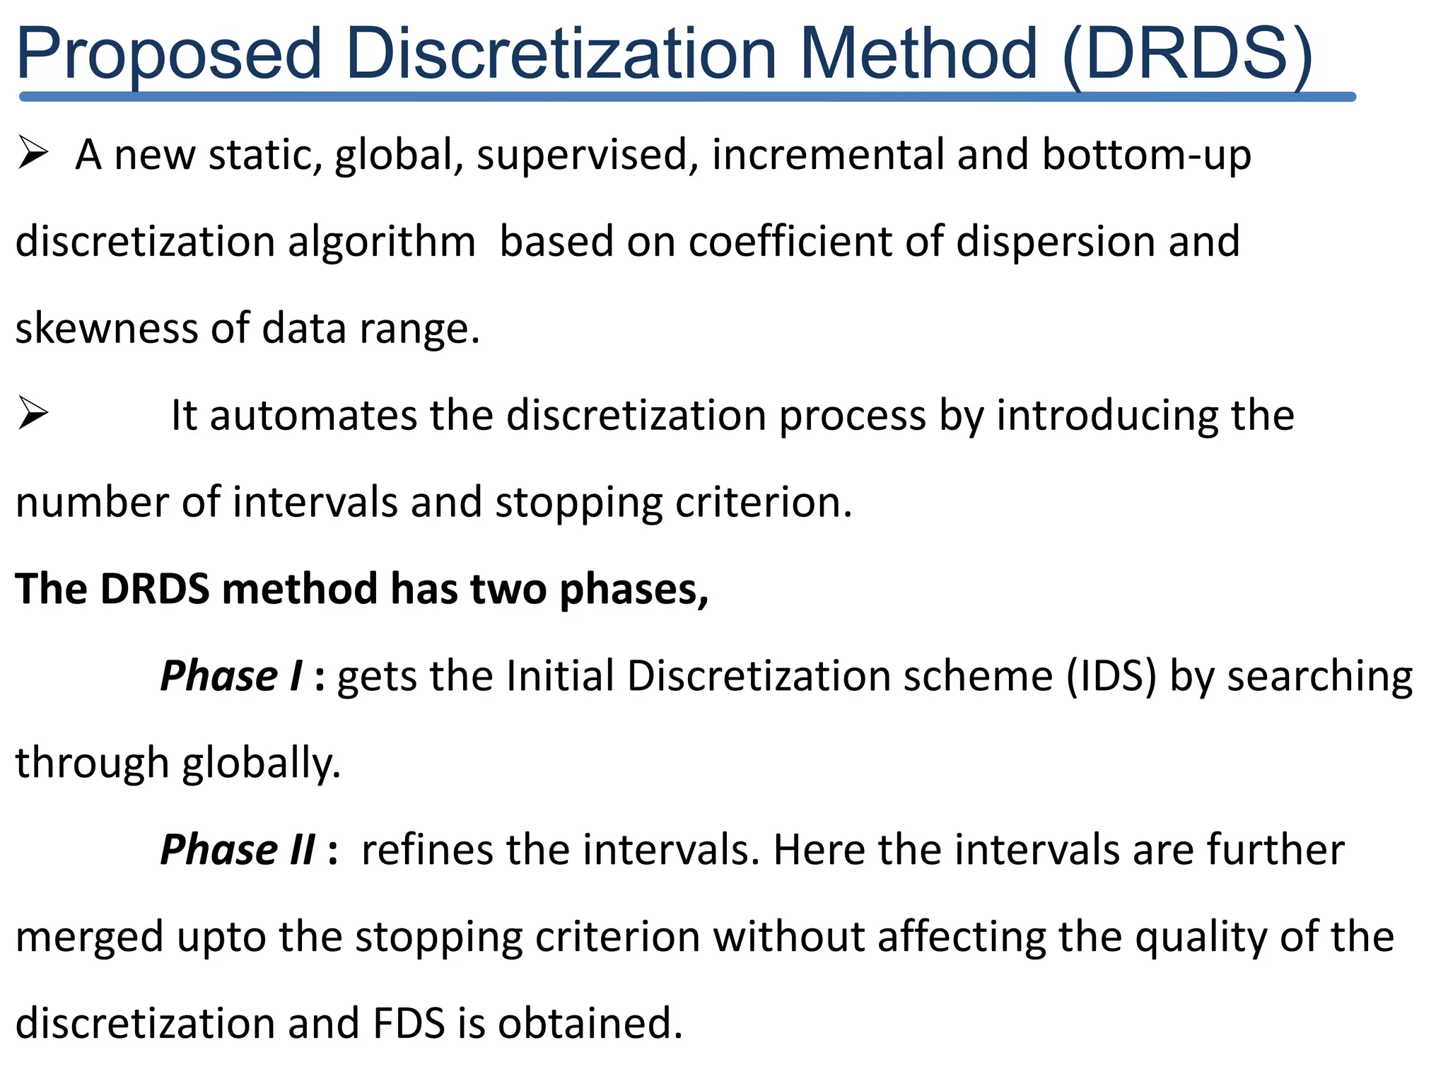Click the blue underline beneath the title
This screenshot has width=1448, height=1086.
point(686,97)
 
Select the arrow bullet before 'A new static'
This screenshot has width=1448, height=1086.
point(33,153)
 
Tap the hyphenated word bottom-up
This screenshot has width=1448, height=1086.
point(1146,155)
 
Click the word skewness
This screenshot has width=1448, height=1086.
point(106,328)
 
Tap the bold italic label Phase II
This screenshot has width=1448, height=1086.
point(238,849)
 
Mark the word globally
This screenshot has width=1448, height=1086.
point(261,764)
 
